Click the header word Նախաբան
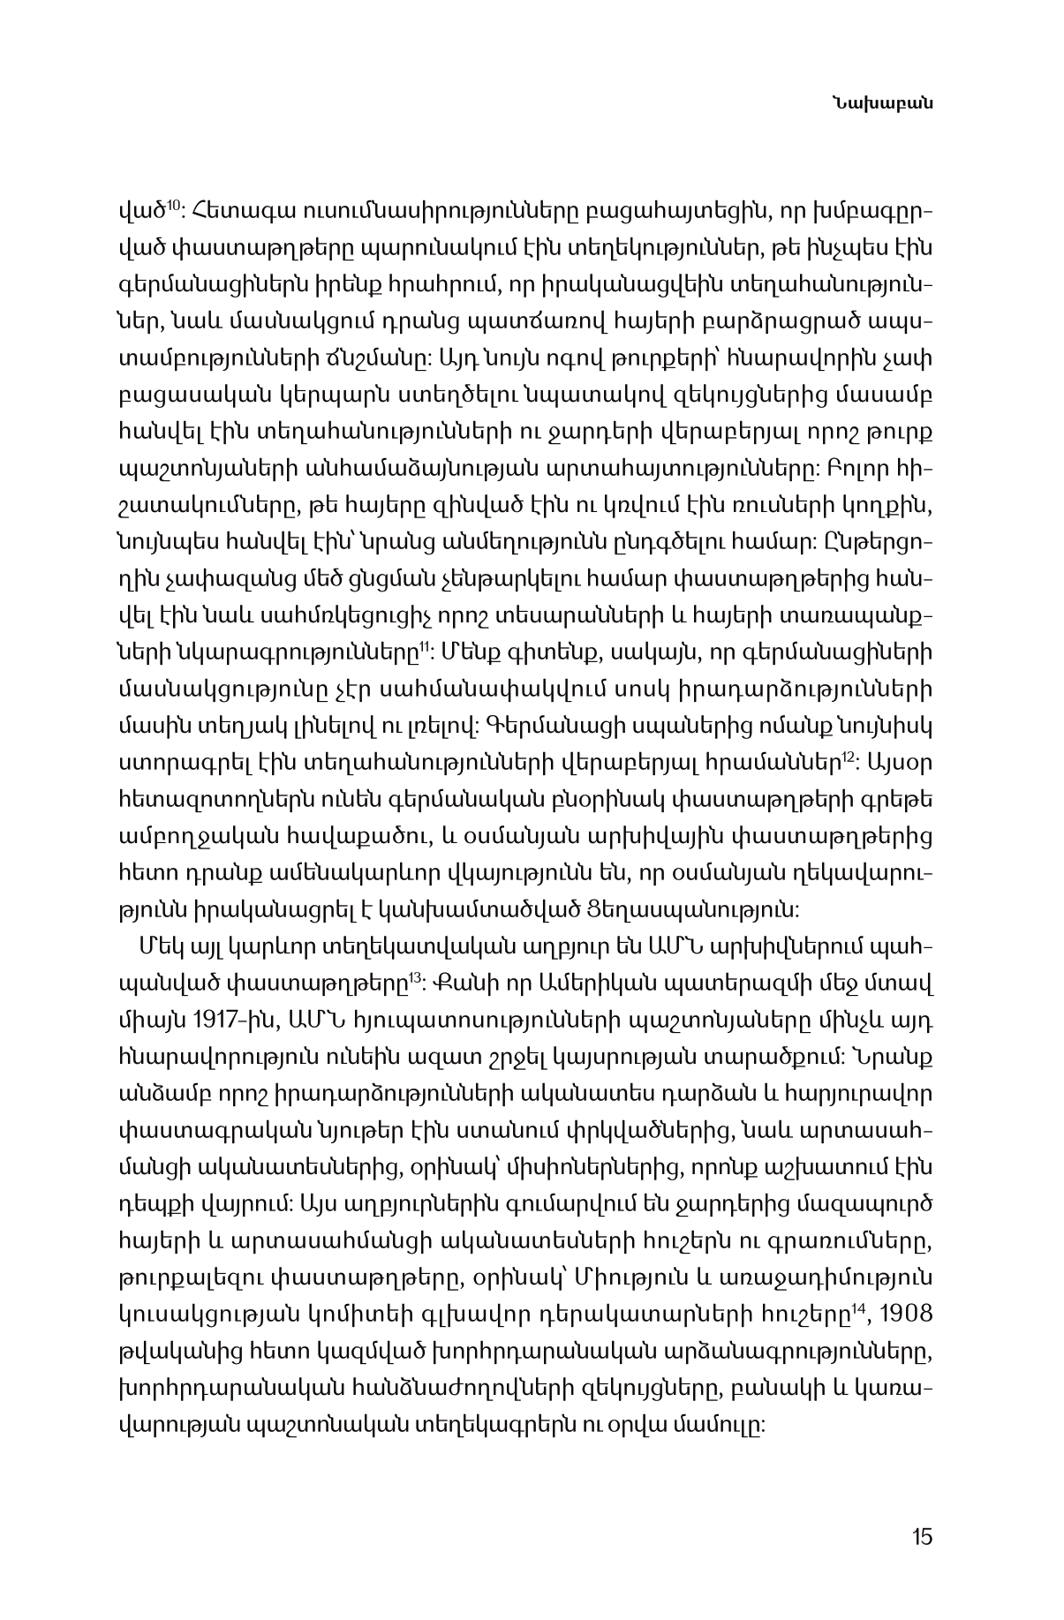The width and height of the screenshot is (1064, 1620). pyautogui.click(x=894, y=104)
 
